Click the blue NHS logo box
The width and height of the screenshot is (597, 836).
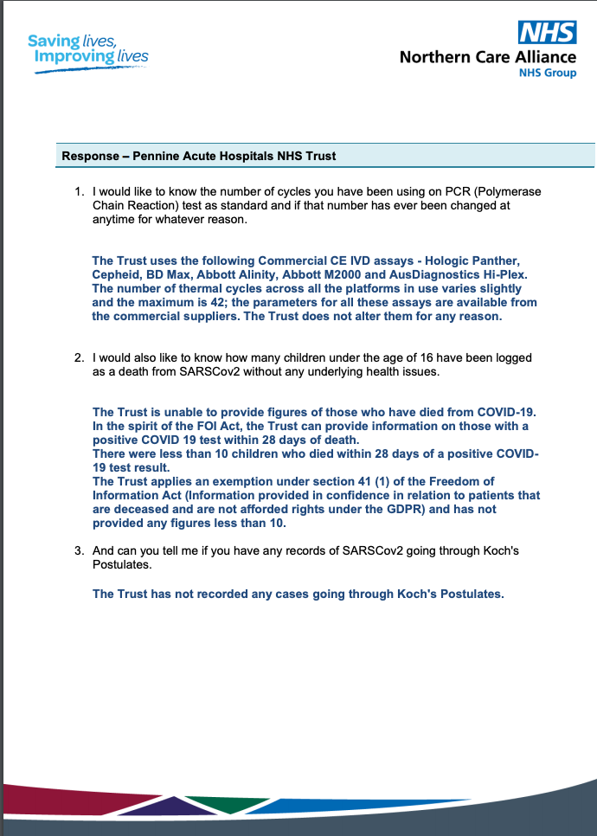click(x=547, y=33)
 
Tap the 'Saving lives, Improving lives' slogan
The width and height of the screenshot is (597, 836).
click(x=87, y=49)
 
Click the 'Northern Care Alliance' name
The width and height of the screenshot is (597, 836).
click(x=487, y=57)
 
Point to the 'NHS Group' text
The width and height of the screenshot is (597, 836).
click(x=547, y=74)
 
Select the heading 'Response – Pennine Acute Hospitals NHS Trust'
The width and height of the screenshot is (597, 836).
click(x=199, y=157)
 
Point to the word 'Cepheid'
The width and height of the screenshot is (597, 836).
click(x=116, y=274)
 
